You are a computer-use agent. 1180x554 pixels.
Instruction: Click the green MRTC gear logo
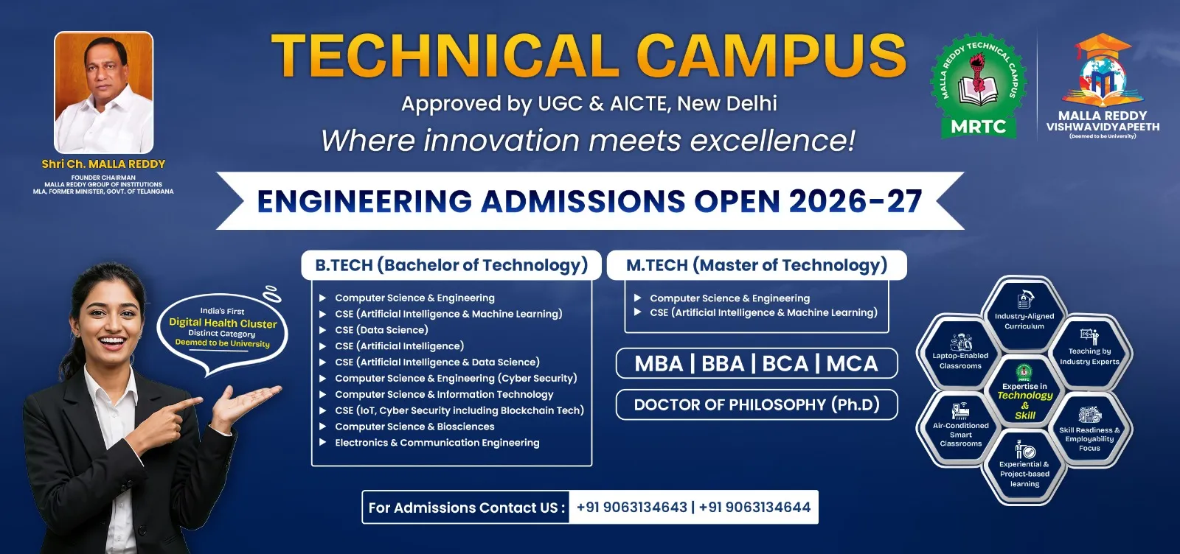click(x=978, y=86)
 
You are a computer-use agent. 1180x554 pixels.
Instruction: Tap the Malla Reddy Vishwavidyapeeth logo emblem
click(x=1103, y=70)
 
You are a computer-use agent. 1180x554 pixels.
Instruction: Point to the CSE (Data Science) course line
click(x=381, y=330)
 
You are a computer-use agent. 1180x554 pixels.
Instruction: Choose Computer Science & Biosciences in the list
click(x=414, y=427)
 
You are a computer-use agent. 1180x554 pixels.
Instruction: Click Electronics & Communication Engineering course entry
click(x=437, y=443)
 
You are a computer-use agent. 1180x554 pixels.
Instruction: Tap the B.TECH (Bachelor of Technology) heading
click(x=451, y=265)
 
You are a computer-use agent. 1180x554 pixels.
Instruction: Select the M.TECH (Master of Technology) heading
click(x=757, y=265)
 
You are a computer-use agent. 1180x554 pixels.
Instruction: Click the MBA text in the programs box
click(x=659, y=363)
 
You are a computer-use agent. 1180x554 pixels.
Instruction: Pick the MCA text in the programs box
click(x=852, y=363)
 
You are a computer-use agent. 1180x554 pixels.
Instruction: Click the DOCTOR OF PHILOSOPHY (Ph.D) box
click(x=757, y=404)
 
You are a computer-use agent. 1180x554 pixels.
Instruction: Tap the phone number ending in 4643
click(x=631, y=507)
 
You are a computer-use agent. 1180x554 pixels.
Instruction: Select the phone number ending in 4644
click(x=754, y=507)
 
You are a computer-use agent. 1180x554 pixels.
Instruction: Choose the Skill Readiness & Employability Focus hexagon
click(x=1089, y=429)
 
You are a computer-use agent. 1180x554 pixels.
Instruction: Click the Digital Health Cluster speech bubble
click(x=222, y=330)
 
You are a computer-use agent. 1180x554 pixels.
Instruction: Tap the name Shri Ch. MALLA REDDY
click(x=103, y=164)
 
